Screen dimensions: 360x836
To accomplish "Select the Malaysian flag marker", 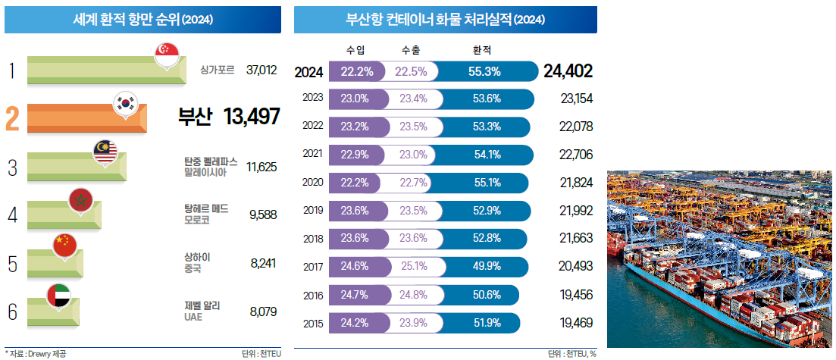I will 105,153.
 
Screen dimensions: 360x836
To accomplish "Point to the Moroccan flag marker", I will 80,201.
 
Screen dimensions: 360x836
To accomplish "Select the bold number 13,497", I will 252,117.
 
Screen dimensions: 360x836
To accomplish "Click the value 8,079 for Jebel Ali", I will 263,311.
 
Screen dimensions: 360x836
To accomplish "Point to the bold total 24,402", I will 568,71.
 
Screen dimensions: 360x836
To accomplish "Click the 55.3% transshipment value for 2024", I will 486,71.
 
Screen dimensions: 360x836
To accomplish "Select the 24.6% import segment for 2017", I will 355,266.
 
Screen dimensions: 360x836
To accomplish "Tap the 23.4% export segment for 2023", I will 414,99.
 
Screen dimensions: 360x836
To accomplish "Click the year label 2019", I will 312,210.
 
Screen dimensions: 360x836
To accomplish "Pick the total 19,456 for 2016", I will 576,295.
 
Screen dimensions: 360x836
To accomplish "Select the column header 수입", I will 355,51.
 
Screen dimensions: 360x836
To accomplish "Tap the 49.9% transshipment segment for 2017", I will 486,266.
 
